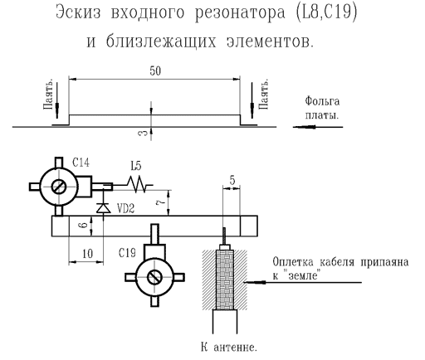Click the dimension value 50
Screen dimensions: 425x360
[x=155, y=71]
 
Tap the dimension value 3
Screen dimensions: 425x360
[x=142, y=133]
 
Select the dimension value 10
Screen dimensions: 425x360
[x=88, y=254]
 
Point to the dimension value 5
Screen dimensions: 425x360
[x=232, y=180]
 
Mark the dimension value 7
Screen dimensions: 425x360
[x=161, y=202]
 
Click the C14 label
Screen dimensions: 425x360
[x=81, y=163]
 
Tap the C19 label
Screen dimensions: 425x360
[x=127, y=253]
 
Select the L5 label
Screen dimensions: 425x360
[x=136, y=166]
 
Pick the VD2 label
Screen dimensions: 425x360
[x=126, y=208]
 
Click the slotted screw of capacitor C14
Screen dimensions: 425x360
[x=58, y=187]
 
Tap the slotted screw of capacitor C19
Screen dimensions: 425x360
[x=154, y=277]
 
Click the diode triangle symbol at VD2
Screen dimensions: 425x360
[x=104, y=208]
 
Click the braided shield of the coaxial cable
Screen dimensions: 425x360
[x=225, y=280]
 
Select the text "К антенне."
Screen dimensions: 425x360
[x=229, y=348]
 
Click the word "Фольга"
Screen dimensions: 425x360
[x=322, y=101]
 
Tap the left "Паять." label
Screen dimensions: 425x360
[x=48, y=95]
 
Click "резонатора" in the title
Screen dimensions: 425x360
[x=240, y=12]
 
